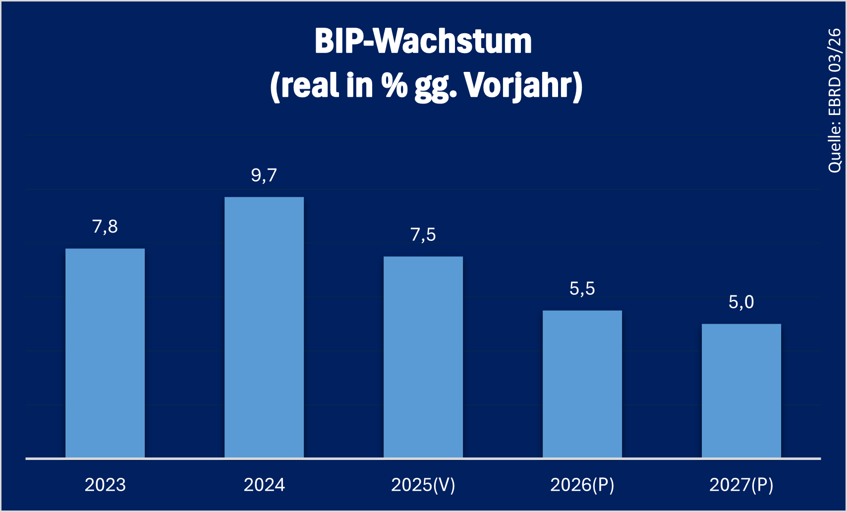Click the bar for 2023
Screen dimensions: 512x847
[x=105, y=353]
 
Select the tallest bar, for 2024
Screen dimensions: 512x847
[x=264, y=327]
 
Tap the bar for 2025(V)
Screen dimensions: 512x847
[x=423, y=357]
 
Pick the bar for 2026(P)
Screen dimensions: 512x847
[x=582, y=384]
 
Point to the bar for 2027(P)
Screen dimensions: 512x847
[x=741, y=391]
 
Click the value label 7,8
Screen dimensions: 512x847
[x=105, y=227]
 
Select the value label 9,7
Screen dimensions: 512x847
[x=264, y=175]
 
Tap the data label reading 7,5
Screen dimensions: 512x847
[x=423, y=234]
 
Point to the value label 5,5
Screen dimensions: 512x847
[x=582, y=288]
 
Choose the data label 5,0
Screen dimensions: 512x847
[x=741, y=302]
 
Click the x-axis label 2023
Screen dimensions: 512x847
[x=105, y=485]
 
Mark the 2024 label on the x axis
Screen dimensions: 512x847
[x=264, y=485]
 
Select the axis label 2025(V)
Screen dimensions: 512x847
[x=423, y=485]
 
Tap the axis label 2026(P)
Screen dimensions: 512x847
[x=582, y=485]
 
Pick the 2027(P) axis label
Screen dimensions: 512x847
[x=741, y=485]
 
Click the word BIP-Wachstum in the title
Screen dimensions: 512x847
[x=423, y=41]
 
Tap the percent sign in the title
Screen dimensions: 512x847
[x=394, y=85]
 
